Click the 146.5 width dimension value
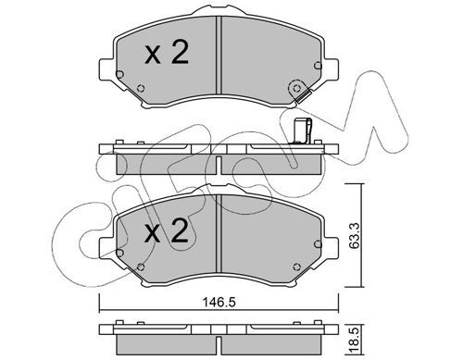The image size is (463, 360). tap(219, 302)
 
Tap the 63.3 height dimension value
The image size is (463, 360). tap(355, 235)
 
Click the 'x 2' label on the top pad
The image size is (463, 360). tap(167, 53)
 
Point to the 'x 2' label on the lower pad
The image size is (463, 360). tap(167, 230)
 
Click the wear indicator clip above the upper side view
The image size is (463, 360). tap(302, 131)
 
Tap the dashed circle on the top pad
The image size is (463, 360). tap(296, 89)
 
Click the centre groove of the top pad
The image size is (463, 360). tap(219, 55)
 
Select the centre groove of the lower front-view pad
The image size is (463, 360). tap(219, 233)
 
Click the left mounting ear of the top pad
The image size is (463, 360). tap(106, 69)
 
